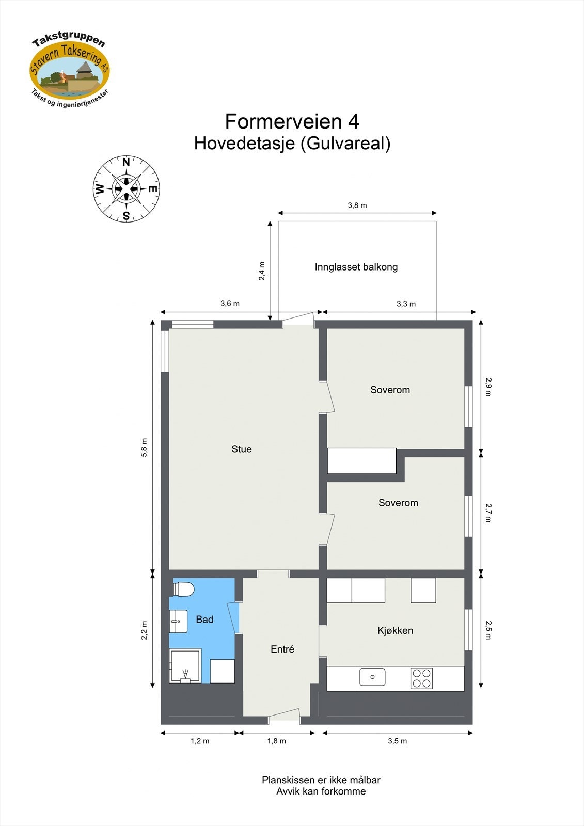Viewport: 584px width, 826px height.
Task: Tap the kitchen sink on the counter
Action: pos(372,677)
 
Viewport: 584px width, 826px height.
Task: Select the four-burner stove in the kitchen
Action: pos(421,678)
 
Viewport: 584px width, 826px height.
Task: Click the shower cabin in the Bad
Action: pos(185,666)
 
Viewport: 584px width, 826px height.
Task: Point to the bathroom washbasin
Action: pos(179,621)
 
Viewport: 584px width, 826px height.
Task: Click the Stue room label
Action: pos(242,449)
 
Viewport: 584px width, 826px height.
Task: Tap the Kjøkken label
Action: pos(395,630)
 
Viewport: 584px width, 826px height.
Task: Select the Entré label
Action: pos(282,649)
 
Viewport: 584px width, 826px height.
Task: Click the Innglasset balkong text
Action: pos(356,267)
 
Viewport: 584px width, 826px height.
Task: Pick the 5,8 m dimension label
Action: pos(145,448)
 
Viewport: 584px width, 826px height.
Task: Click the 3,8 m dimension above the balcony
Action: pos(357,205)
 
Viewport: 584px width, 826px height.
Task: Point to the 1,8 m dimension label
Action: pos(276,741)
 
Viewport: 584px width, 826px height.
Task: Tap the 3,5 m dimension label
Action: pos(398,741)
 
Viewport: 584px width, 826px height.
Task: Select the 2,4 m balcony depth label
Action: pos(262,271)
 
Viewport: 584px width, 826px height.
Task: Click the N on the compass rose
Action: pos(126,163)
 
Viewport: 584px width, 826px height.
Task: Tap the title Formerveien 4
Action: pos(292,122)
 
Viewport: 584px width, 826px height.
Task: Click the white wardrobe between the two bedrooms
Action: pos(361,461)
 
